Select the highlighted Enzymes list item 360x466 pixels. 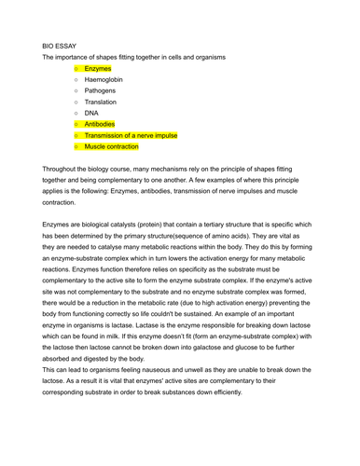97,69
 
